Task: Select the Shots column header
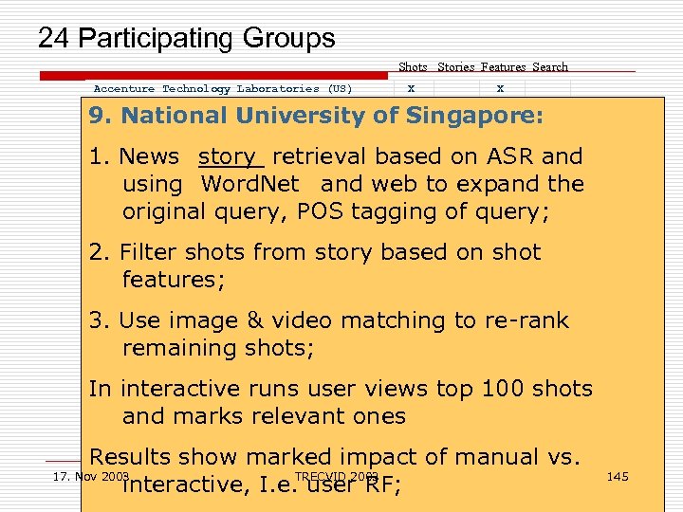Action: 413,67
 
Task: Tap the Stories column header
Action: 456,67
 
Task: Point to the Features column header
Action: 503,67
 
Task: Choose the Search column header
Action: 550,67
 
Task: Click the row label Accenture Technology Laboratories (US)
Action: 223,89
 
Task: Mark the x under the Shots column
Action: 411,88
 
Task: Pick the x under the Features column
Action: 501,88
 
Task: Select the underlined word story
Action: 228,156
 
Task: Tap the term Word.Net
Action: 250,184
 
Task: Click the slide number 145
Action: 617,476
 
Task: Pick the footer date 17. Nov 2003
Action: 90,475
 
